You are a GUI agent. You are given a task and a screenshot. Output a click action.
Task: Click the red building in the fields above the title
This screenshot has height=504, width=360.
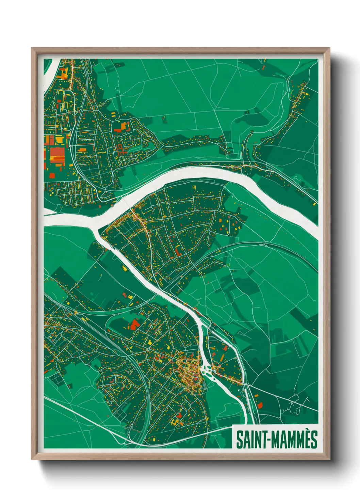pyautogui.click(x=260, y=405)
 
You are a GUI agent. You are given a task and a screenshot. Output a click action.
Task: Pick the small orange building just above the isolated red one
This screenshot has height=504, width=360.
pyautogui.click(x=256, y=395)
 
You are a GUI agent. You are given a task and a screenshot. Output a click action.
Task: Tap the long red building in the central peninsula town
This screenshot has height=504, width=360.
pyautogui.click(x=178, y=251)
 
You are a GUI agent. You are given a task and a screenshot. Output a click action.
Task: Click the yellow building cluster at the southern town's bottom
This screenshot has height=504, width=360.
pyautogui.click(x=175, y=422)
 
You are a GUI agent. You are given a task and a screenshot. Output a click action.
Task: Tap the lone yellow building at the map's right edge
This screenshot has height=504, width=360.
pyautogui.click(x=314, y=204)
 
